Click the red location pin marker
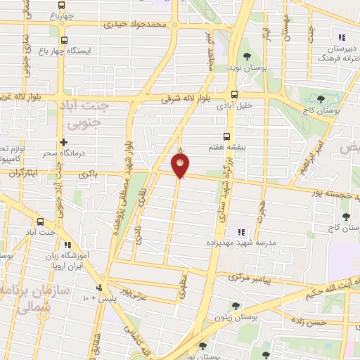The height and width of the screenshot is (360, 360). (181, 166)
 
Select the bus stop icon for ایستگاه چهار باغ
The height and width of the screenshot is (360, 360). (65, 40)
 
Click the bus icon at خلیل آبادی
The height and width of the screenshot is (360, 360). (234, 94)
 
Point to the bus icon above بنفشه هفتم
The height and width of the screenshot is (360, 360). (226, 137)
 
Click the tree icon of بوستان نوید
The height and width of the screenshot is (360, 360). (246, 56)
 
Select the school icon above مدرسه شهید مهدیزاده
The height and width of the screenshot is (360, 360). (240, 232)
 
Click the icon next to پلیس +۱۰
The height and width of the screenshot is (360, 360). (99, 288)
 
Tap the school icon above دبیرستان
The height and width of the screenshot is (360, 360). (342, 37)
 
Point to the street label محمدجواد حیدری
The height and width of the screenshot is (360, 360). (137, 24)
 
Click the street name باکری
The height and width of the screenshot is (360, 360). (87, 172)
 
